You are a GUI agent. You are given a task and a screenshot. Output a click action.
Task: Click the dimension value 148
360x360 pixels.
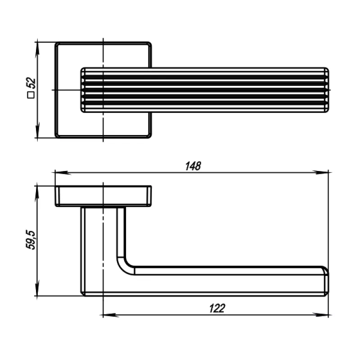coord(193,166)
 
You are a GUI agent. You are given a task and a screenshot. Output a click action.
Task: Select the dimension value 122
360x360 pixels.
coord(217,308)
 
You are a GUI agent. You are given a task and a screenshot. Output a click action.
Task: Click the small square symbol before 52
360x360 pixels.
coord(31,95)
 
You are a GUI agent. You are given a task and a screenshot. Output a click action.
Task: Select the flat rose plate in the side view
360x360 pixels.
coord(103,196)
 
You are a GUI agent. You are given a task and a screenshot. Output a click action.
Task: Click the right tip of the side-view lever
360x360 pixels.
coord(327,281)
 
